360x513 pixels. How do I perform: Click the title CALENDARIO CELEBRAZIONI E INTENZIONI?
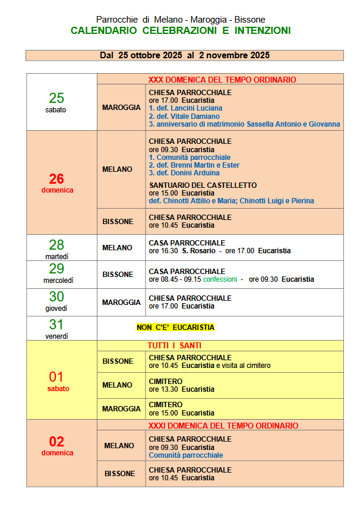click(181, 30)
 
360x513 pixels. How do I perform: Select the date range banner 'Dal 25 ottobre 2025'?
click(184, 55)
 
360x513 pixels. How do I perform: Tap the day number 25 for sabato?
click(56, 98)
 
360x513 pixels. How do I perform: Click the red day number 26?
click(56, 179)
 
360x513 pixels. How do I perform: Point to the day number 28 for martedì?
click(56, 245)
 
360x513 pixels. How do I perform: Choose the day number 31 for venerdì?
click(56, 325)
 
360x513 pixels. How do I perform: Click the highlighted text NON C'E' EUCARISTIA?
click(175, 328)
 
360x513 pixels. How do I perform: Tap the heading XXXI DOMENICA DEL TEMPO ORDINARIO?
click(223, 426)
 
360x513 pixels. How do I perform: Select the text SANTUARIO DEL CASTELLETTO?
click(203, 185)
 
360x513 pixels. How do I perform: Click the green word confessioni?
click(220, 279)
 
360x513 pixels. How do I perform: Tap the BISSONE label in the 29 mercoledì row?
click(118, 275)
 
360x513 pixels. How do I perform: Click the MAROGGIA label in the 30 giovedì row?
click(121, 303)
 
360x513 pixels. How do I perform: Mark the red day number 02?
click(56, 442)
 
